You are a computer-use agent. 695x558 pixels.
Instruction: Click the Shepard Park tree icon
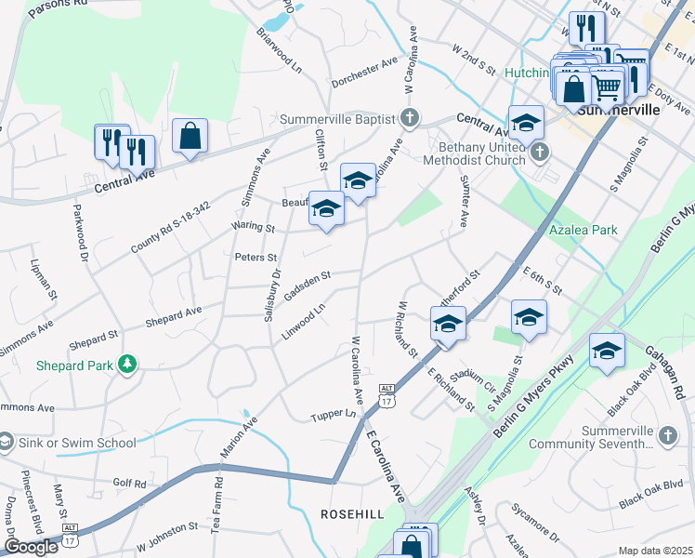128,365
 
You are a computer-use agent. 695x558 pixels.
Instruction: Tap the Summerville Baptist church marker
409,118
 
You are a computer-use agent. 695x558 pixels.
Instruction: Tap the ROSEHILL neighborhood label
352,513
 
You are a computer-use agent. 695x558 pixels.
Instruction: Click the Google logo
31,547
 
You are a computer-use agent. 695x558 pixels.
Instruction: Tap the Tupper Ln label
334,414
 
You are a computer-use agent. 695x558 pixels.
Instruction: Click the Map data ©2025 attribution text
655,551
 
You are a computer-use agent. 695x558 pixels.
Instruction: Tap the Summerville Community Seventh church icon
666,434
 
